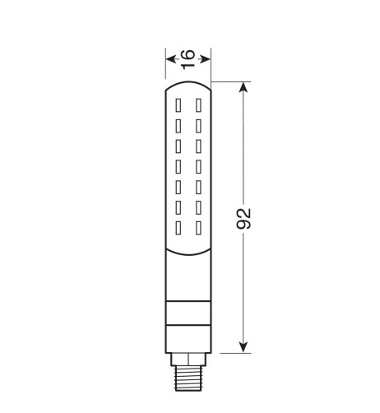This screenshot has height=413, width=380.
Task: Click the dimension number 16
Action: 188,59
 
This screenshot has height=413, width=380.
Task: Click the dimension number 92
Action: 243,219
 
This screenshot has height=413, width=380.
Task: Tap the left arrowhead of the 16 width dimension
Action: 171,59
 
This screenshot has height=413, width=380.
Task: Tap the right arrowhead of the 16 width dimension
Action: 206,59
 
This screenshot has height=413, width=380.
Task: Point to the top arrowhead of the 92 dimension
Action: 243,87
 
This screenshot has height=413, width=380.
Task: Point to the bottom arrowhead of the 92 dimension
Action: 243,347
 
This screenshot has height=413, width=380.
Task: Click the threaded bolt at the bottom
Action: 188,378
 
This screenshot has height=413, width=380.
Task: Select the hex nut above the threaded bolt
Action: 188,360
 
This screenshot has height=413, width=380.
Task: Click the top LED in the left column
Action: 178,105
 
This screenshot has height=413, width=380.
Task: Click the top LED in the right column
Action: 198,105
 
